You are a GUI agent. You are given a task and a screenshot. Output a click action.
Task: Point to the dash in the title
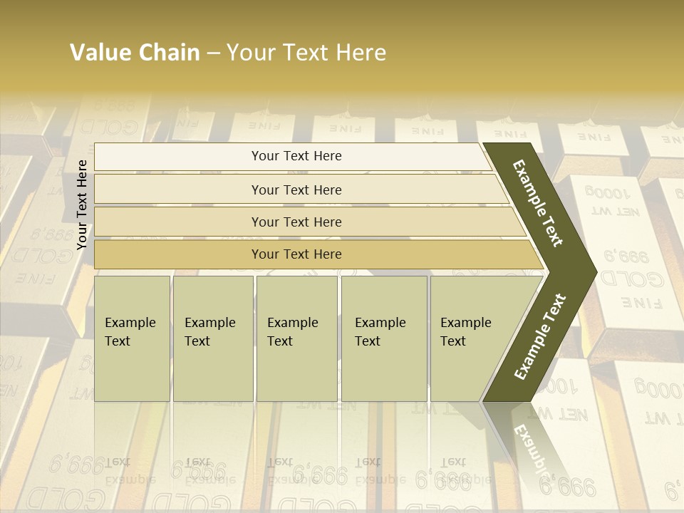tap(213, 53)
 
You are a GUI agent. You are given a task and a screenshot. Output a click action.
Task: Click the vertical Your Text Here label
tap(82, 204)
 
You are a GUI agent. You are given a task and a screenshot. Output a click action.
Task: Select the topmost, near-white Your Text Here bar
tap(296, 156)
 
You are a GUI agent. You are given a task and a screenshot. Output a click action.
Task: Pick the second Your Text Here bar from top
tap(296, 190)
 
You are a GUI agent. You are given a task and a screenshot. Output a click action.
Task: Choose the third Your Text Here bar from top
tap(296, 222)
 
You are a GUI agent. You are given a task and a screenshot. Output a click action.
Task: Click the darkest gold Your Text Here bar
tap(296, 254)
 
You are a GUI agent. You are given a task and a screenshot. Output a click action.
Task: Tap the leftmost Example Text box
tap(132, 338)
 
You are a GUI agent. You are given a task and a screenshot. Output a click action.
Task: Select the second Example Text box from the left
tap(213, 338)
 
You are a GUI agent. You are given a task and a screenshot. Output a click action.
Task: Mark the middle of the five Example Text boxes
tap(296, 338)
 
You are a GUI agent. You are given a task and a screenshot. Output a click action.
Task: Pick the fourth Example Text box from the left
tap(384, 338)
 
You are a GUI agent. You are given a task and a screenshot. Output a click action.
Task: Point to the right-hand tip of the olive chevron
tap(591, 271)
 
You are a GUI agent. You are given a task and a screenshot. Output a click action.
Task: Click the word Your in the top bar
tap(264, 156)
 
